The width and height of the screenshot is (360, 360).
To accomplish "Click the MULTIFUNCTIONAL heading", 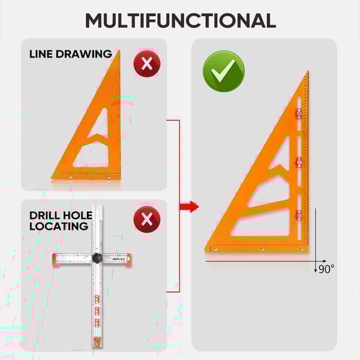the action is click(x=181, y=20).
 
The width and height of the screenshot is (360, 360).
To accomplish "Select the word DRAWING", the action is click(x=84, y=54).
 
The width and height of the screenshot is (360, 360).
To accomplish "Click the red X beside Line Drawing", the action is click(x=147, y=64).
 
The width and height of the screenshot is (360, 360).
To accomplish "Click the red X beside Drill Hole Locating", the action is click(x=147, y=220).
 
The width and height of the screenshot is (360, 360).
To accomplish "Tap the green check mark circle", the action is click(x=224, y=71).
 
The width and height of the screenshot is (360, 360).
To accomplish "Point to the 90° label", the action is click(x=326, y=269).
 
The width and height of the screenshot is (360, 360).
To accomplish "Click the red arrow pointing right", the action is click(x=189, y=206).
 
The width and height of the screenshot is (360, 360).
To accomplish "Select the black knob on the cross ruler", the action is click(x=97, y=258).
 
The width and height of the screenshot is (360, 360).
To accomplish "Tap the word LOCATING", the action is click(x=59, y=226).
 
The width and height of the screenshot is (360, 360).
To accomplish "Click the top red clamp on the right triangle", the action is click(x=299, y=113).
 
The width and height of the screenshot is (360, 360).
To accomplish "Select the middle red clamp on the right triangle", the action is click(x=299, y=163).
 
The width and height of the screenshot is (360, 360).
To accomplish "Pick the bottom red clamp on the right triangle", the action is click(x=299, y=215).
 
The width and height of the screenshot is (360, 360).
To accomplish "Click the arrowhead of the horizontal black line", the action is click(x=325, y=261).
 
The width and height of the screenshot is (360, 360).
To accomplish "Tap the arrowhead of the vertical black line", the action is click(x=316, y=271).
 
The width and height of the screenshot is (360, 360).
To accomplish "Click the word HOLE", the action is click(x=77, y=215).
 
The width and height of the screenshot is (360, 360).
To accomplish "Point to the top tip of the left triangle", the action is click(x=119, y=50).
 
